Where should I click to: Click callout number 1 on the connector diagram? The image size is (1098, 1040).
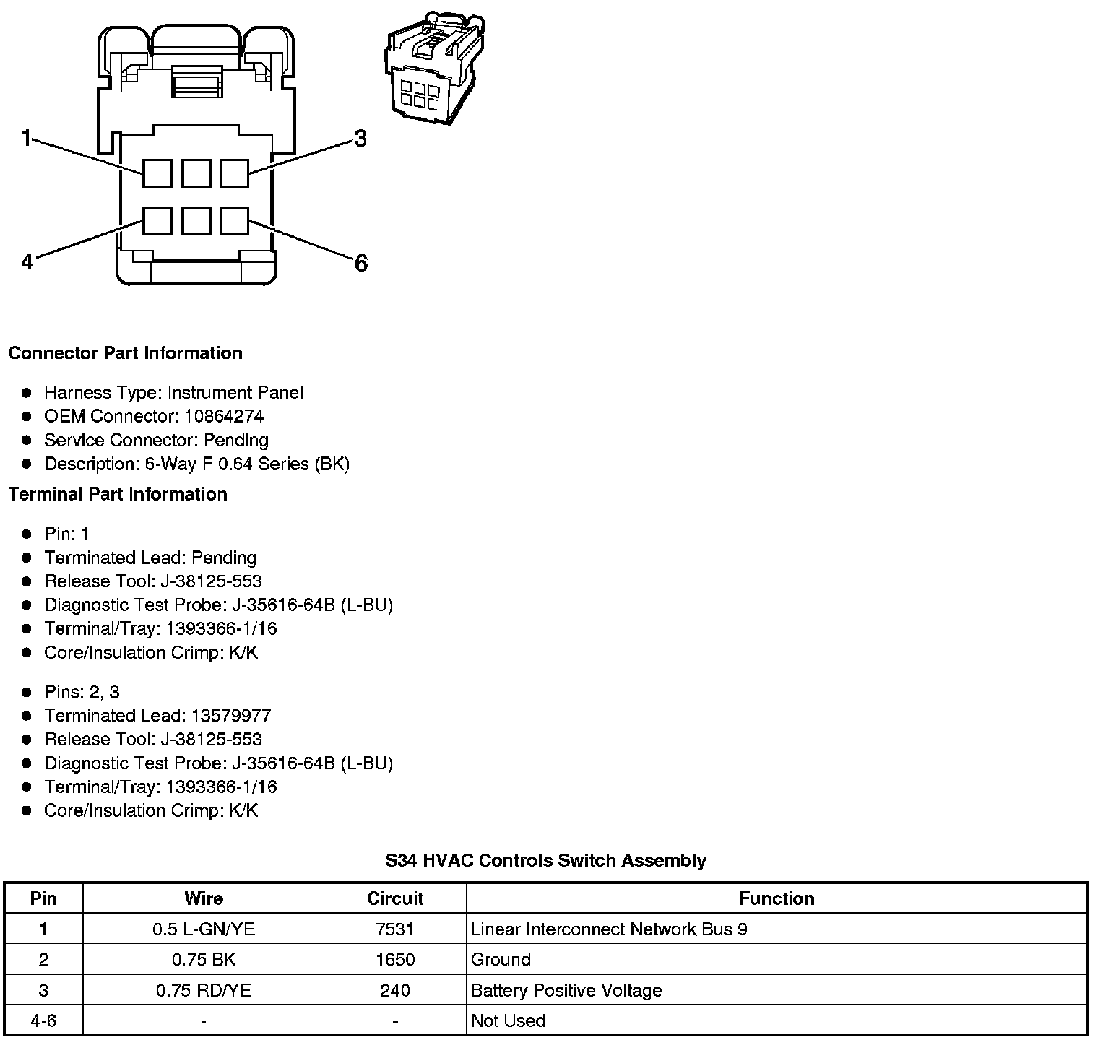point(26,137)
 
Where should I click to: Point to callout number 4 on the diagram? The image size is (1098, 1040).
point(27,261)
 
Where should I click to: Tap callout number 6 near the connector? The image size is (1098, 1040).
point(360,263)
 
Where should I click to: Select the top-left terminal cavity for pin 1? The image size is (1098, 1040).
point(157,174)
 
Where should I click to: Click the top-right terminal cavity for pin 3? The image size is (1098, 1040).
point(234,174)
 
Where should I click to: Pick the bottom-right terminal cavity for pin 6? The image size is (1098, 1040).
point(234,220)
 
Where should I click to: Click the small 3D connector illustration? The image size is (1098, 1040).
point(430,70)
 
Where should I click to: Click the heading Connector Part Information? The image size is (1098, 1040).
point(125,353)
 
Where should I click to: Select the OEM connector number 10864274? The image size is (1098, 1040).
point(224,416)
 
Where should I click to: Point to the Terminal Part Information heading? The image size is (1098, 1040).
point(118,494)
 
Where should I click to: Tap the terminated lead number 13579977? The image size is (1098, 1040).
point(231,716)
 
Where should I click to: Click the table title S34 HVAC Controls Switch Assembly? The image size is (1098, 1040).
point(545,860)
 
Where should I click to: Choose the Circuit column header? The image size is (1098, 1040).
point(394,898)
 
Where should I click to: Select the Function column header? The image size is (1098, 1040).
point(777,898)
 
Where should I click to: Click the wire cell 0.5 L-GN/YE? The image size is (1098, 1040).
point(204,929)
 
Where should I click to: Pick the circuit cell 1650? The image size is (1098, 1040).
point(394,960)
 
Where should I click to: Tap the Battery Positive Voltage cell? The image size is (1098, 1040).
point(566,990)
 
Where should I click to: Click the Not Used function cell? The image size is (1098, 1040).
point(509,1020)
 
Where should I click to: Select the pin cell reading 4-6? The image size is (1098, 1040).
point(43,1020)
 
